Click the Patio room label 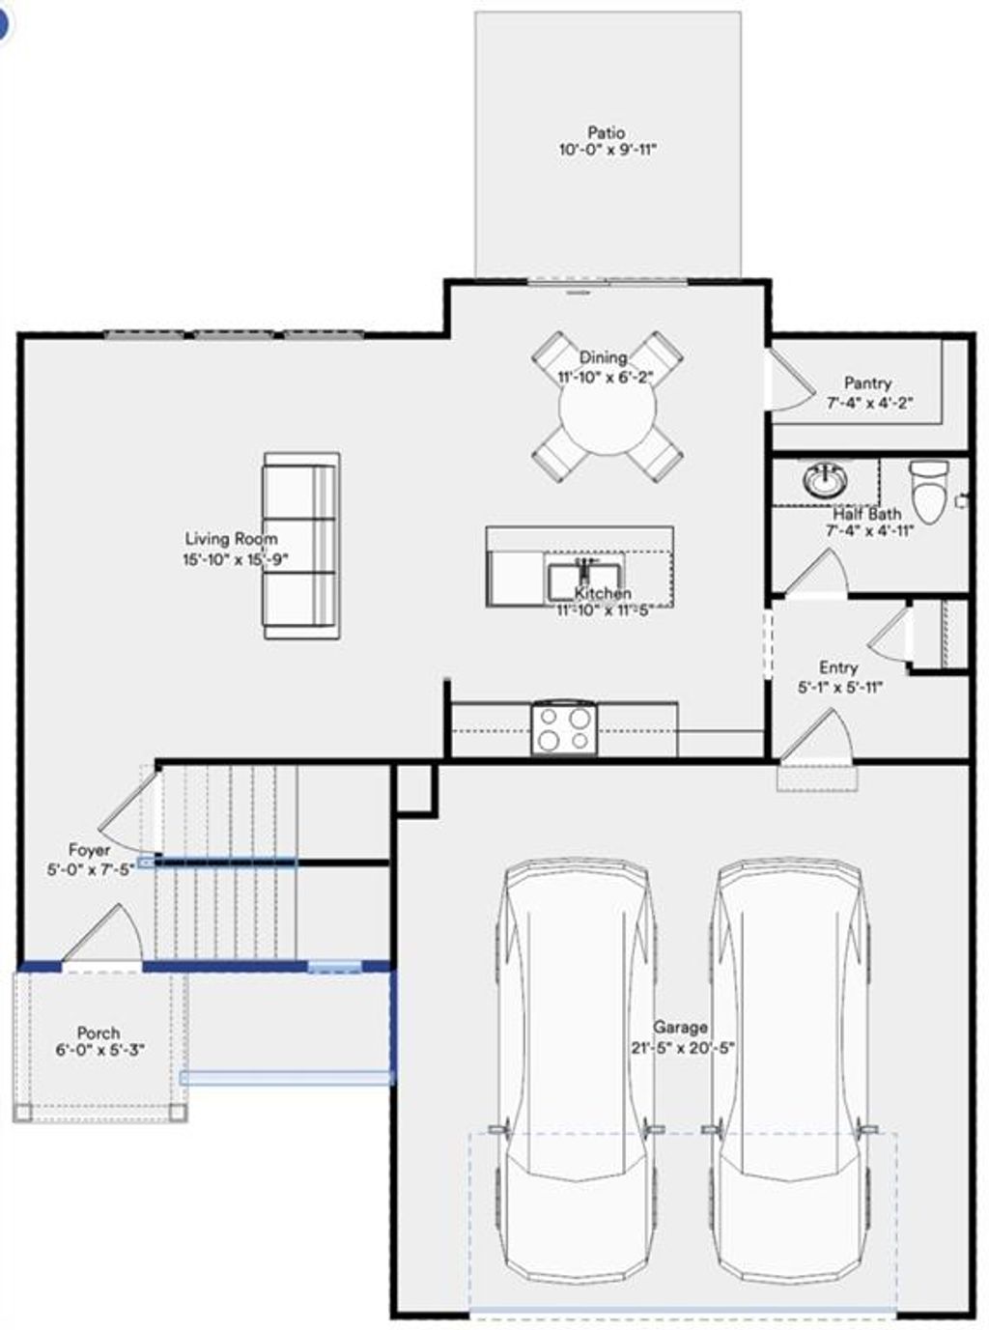tap(607, 132)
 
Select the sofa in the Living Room tap(301, 546)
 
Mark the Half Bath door tap(819, 574)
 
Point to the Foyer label tap(89, 851)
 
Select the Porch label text tap(99, 1033)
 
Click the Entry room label tap(838, 667)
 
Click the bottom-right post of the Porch tap(178, 1112)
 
